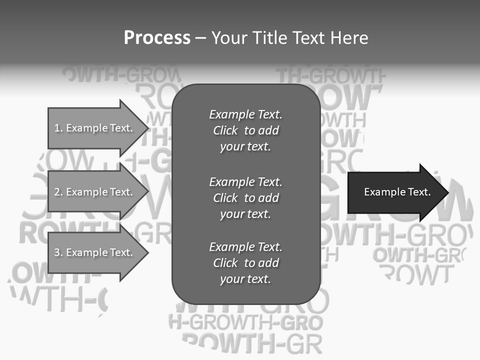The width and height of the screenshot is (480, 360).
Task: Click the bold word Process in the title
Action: point(157,37)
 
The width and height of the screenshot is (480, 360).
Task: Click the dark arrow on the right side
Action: point(395,192)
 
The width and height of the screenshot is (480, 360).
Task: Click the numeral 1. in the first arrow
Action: point(58,128)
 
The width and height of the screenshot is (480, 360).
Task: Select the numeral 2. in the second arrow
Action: point(58,192)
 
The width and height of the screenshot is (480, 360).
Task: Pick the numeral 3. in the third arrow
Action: point(58,252)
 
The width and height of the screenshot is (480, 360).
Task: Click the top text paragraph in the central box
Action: point(245,130)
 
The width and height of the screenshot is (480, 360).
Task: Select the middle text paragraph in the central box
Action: point(245,197)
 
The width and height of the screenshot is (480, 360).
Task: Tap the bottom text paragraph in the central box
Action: point(245,263)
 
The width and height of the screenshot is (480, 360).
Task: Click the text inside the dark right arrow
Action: point(397,192)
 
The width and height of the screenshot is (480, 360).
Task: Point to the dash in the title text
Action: point(200,38)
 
